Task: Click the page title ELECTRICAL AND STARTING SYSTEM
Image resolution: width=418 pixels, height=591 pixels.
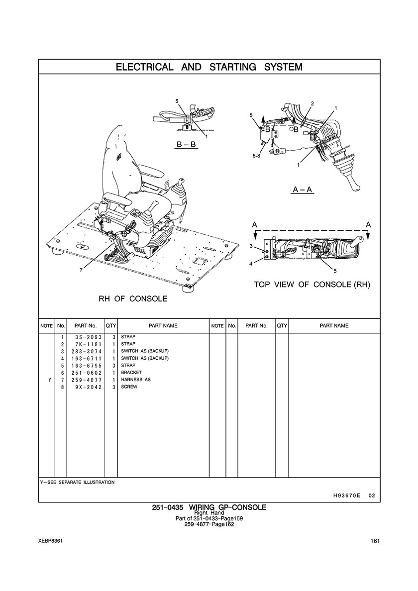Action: [209, 67]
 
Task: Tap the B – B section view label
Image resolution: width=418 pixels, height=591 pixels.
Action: [186, 144]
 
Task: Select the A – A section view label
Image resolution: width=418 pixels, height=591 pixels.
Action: [303, 189]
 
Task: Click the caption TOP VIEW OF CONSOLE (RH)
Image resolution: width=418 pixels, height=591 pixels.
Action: [312, 284]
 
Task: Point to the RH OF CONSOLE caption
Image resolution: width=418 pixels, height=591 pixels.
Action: [133, 299]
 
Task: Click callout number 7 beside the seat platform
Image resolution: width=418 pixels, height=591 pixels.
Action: [81, 270]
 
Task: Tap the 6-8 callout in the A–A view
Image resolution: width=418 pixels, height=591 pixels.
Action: [256, 156]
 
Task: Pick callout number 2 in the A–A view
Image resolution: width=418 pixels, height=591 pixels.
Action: [313, 103]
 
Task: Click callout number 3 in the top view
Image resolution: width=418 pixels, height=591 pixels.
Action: [251, 246]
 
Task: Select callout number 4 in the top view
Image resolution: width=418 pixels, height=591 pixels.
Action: [251, 264]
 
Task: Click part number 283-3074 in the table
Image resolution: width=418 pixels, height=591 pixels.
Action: [86, 351]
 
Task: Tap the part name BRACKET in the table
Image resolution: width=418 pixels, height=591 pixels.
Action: [131, 373]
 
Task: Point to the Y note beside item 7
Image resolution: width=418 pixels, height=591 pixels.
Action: [49, 380]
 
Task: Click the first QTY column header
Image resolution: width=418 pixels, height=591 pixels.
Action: [111, 326]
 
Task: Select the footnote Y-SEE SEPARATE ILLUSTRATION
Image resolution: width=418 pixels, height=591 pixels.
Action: [77, 482]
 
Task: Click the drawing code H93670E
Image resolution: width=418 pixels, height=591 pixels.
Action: [343, 495]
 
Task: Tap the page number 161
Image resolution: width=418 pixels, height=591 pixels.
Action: [375, 541]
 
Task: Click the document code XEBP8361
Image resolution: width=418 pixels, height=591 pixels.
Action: [50, 541]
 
